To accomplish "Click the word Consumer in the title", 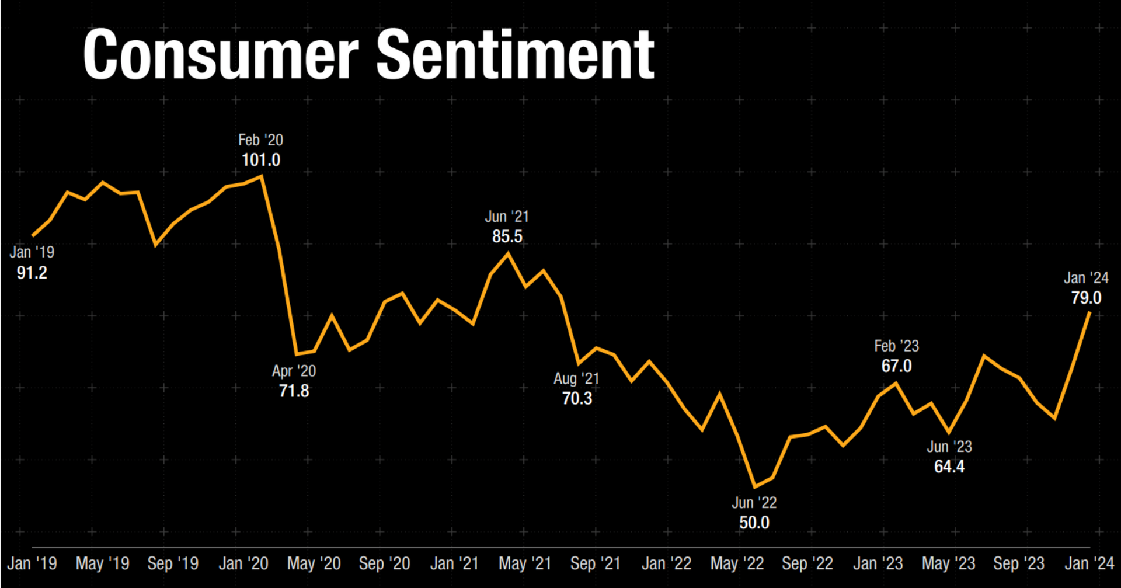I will (x=220, y=55).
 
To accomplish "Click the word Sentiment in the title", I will (x=515, y=55).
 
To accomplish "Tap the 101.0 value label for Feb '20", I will (x=261, y=160).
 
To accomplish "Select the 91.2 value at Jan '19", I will (x=32, y=273).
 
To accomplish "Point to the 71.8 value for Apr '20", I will (x=294, y=391).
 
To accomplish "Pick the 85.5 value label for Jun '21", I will (x=507, y=236).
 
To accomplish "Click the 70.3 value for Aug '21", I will (x=577, y=398).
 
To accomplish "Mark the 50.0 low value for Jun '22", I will (x=754, y=523).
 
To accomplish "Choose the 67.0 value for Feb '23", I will (x=896, y=366).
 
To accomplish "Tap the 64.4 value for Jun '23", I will (x=949, y=467).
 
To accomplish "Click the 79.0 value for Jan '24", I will (x=1086, y=298).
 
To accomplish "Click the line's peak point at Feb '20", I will (x=262, y=176).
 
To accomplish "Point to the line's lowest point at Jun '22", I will (x=755, y=487).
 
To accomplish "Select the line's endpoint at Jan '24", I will (x=1089, y=313).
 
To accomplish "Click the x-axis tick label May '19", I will (x=103, y=563).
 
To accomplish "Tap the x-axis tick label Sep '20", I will (x=384, y=563).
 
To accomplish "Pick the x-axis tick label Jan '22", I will (x=666, y=563).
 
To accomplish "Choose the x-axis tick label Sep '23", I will (x=1018, y=563).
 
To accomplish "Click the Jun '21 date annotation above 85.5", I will (x=507, y=217).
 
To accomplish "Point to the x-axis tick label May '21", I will (x=525, y=563).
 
